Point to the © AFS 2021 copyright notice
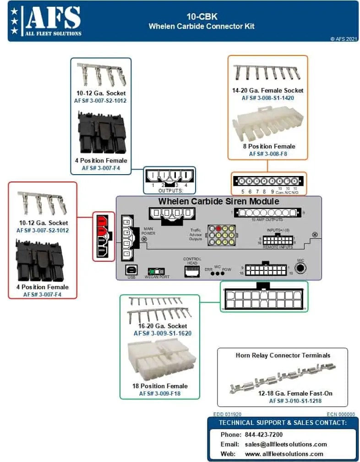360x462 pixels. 343,39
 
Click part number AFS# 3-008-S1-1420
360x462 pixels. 268,98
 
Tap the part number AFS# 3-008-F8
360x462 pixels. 268,154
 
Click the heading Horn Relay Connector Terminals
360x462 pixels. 283,355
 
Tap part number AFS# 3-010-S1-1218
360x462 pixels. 295,401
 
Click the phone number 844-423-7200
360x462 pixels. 264,434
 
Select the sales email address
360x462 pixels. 286,444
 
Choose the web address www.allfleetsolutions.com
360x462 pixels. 284,454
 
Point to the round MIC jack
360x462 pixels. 300,268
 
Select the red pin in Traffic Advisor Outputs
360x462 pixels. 218,228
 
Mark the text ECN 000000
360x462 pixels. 341,414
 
